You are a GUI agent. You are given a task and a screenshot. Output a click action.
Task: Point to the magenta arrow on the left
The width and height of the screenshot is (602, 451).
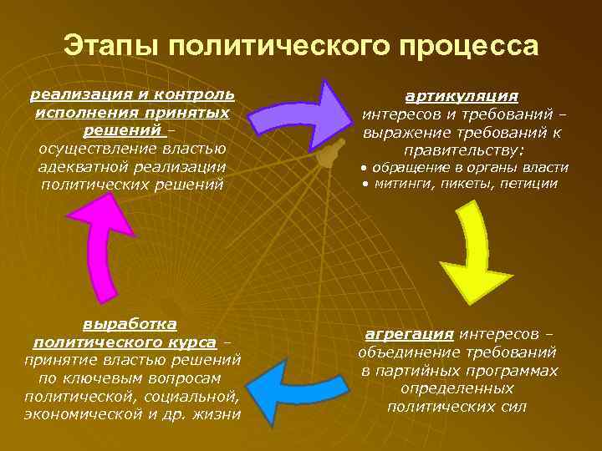[99, 247]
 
